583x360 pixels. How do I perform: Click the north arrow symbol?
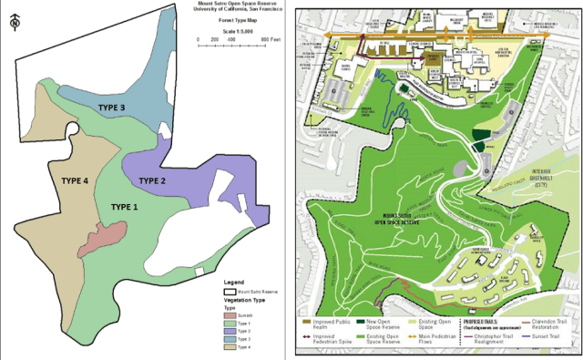tap(12, 24)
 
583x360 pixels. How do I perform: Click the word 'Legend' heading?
tap(235, 283)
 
